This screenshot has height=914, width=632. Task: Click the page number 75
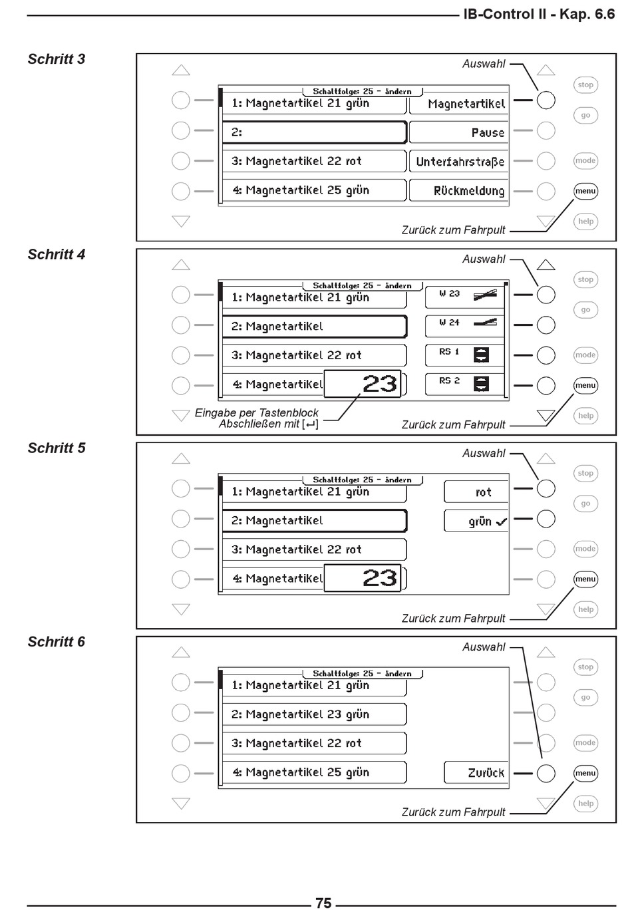tap(323, 903)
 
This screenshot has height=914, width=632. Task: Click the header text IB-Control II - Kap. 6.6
tap(539, 14)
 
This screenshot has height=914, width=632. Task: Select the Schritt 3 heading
tap(57, 59)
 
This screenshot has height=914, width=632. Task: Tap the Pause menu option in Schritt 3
tap(459, 132)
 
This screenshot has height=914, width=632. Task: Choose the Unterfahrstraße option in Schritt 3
tap(459, 162)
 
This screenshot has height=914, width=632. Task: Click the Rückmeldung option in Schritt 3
tap(459, 191)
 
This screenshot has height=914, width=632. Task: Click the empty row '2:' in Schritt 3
tap(314, 132)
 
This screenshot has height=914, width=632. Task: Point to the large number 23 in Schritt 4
tap(379, 384)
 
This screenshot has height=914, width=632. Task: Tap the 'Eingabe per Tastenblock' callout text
tap(257, 413)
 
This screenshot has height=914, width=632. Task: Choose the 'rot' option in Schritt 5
tap(476, 492)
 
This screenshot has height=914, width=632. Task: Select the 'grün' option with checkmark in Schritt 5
tap(476, 522)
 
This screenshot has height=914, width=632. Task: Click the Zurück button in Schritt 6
tap(476, 773)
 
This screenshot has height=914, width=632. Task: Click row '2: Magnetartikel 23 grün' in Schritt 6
tap(314, 714)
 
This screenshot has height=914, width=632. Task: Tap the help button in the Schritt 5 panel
tap(585, 609)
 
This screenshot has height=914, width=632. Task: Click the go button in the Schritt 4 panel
tap(585, 310)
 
